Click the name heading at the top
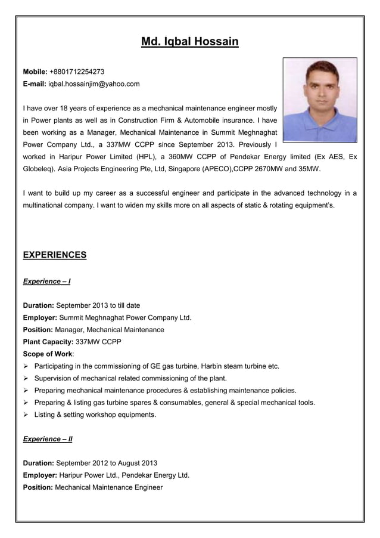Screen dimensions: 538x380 click(189, 42)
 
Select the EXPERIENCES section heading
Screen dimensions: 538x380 click(54, 255)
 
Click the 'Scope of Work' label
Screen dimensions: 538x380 click(46, 354)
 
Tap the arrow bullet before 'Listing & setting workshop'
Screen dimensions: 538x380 click(26, 415)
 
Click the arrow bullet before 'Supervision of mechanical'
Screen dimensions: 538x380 click(26, 378)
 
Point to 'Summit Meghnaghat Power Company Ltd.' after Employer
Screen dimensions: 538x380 click(126, 317)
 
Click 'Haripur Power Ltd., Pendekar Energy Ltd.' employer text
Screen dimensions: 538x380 click(124, 475)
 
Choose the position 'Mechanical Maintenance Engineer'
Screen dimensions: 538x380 click(108, 487)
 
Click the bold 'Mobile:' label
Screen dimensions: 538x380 click(35, 72)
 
